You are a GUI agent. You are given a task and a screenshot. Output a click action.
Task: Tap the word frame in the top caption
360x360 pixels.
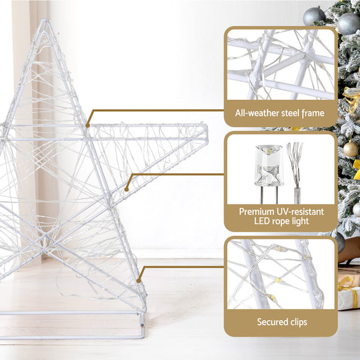click(313, 113)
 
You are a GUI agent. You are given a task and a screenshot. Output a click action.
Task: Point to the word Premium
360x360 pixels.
click(258, 212)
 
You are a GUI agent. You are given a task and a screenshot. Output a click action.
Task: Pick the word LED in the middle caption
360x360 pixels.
click(264, 222)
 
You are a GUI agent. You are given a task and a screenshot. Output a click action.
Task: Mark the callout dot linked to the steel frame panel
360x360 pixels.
click(88, 125)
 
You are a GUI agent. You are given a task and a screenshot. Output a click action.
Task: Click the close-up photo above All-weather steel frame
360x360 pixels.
click(281, 65)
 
